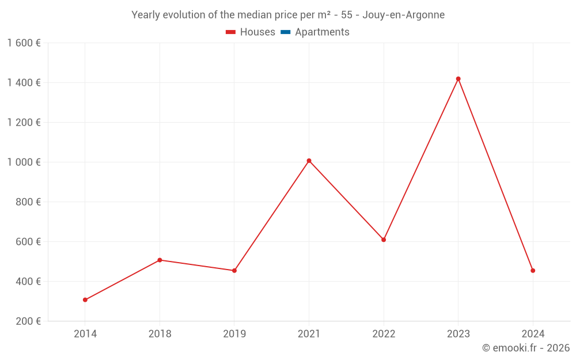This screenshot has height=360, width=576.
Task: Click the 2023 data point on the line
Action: (458, 79)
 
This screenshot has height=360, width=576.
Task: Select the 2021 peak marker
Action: (309, 161)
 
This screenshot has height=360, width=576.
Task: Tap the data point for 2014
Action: (85, 300)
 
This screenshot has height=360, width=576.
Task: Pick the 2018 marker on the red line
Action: (160, 260)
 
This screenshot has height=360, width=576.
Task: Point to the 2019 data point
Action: (234, 270)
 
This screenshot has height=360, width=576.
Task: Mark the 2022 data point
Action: (384, 240)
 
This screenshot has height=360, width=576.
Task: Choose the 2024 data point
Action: (533, 270)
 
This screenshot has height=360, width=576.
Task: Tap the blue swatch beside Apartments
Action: (285, 32)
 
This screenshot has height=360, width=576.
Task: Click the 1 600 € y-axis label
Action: (24, 43)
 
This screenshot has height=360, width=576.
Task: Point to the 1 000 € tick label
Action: (24, 162)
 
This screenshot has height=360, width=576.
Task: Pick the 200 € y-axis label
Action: (28, 321)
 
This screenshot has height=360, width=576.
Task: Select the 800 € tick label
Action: (28, 202)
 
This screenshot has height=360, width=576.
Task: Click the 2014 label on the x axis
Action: (85, 334)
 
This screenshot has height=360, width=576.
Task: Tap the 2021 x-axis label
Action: (309, 334)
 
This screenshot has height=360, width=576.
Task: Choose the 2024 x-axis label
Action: (533, 334)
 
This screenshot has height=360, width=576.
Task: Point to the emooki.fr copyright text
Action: (526, 348)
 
